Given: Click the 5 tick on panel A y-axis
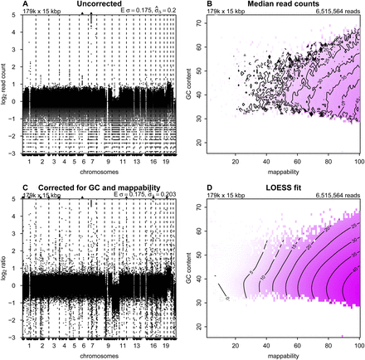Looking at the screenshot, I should [18, 17].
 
